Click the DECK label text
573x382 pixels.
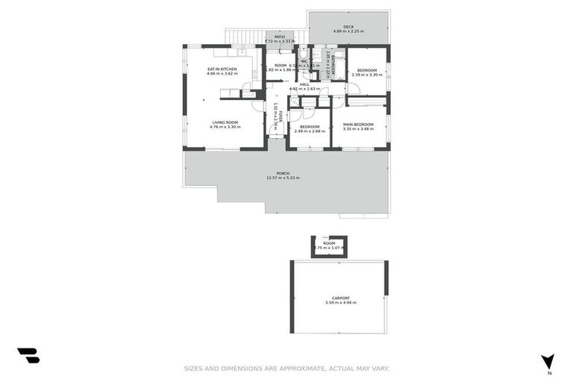point(348,27)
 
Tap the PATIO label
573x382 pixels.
point(279,37)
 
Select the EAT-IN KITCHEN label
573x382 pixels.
point(222,69)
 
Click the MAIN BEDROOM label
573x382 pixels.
point(358,124)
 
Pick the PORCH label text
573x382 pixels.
point(283,173)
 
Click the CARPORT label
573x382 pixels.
point(340,298)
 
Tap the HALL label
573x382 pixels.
point(304,84)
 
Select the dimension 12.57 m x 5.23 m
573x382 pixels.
point(283,178)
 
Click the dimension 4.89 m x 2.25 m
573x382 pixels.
point(348,32)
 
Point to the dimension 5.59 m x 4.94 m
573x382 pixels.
point(340,303)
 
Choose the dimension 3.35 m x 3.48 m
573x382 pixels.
point(358,129)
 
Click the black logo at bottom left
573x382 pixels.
point(28,356)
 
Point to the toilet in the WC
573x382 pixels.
point(304,53)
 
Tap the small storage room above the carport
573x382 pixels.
point(329,246)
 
